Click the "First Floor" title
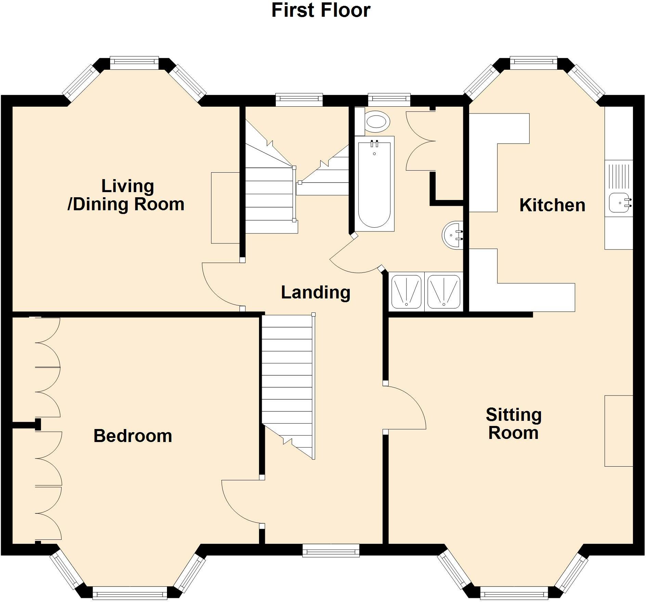click(x=321, y=10)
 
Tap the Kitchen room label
click(x=552, y=205)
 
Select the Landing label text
click(x=315, y=292)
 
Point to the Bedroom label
click(x=133, y=436)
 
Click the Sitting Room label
click(x=514, y=424)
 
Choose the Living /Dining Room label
click(x=126, y=195)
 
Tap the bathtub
click(x=374, y=184)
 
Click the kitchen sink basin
click(x=619, y=202)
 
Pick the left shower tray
click(x=406, y=292)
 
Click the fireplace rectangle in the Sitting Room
click(x=619, y=431)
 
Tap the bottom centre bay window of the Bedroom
click(x=130, y=593)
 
